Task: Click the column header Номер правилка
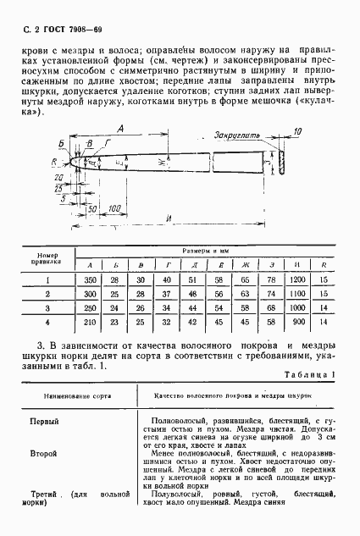click(48, 258)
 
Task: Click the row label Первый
click(45, 421)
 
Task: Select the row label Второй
click(45, 455)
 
